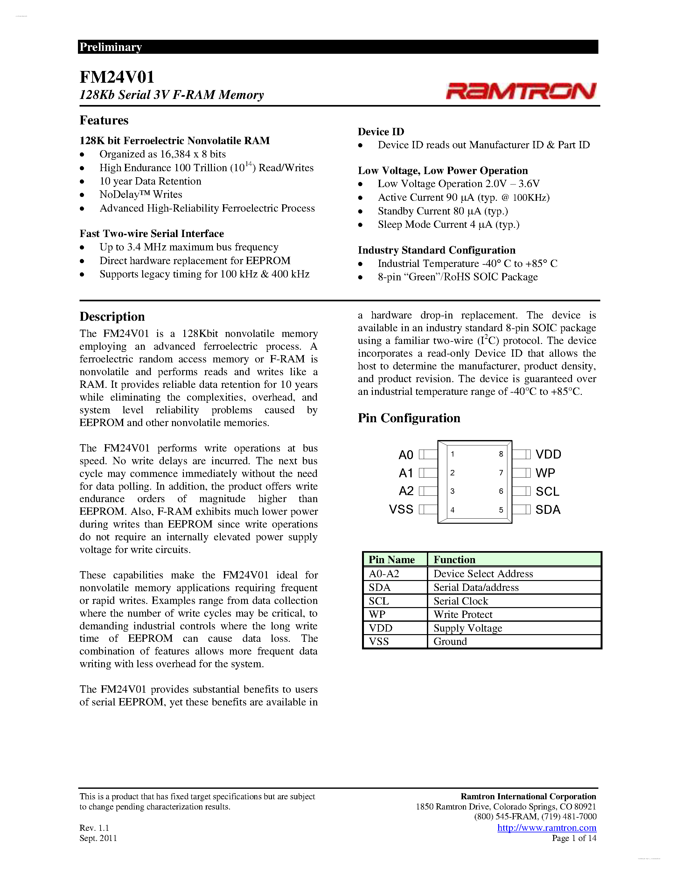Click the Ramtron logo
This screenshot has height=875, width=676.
[x=521, y=91]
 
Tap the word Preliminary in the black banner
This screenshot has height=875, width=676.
[x=110, y=47]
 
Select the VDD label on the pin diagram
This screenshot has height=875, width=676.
[x=548, y=454]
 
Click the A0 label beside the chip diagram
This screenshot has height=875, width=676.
[x=406, y=455]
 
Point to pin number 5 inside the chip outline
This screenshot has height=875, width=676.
[x=501, y=510]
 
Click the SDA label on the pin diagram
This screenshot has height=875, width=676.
[x=548, y=510]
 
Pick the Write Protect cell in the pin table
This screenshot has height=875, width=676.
[x=463, y=615]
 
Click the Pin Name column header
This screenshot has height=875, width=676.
[x=391, y=560]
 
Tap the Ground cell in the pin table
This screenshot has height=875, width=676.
[x=450, y=641]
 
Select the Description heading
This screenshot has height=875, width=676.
[x=112, y=317]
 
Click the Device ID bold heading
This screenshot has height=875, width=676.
[x=381, y=132]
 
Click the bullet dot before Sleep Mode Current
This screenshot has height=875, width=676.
[x=360, y=225]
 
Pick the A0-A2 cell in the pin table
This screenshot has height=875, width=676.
[x=384, y=574]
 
